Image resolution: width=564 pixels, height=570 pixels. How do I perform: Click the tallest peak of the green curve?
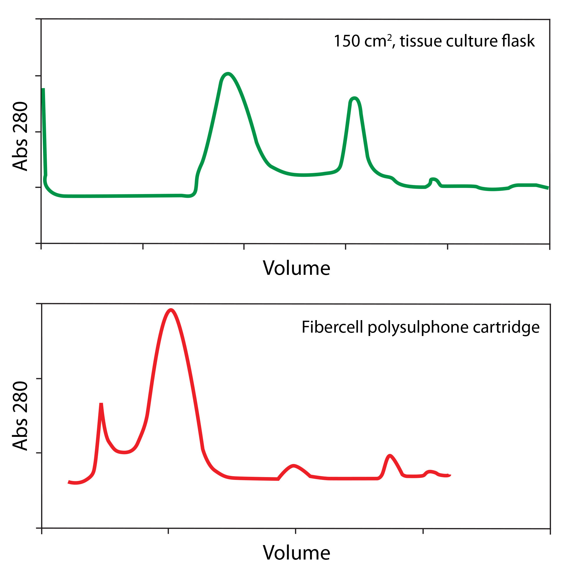pos(228,74)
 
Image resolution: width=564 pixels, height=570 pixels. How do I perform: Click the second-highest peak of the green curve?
pos(354,98)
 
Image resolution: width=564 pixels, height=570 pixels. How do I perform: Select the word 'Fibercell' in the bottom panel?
pos(332,327)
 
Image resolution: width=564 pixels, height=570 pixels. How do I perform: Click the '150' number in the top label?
pos(347,41)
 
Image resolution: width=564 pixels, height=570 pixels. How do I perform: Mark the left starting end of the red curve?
pos(69,482)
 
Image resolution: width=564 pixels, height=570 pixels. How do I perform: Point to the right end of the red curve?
pos(450,475)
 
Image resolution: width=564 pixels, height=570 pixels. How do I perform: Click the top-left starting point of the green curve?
pos(43,89)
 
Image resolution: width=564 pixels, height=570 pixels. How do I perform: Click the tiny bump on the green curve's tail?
pos(433,179)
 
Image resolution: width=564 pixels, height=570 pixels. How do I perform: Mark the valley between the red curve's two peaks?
pos(124,452)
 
